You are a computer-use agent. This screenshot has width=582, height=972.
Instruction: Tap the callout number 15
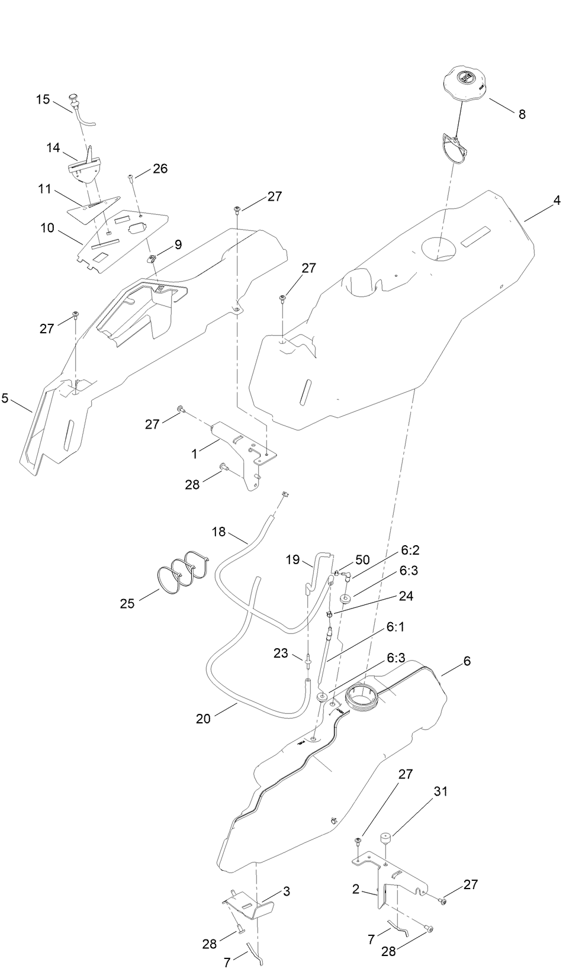[x=43, y=99]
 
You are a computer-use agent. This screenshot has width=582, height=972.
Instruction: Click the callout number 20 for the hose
[x=203, y=719]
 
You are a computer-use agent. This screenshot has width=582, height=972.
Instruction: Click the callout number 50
[x=362, y=559]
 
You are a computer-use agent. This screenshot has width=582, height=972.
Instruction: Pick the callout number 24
[x=406, y=596]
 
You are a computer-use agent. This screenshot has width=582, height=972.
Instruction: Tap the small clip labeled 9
[x=152, y=258]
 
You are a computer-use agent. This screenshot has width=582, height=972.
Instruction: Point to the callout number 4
[x=557, y=201]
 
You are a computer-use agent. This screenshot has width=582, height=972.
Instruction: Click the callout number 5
[x=5, y=398]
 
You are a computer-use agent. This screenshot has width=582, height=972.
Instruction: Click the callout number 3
[x=286, y=891]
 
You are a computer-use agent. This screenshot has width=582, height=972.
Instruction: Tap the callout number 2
[x=355, y=890]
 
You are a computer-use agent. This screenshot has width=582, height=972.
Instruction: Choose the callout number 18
[x=218, y=532]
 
